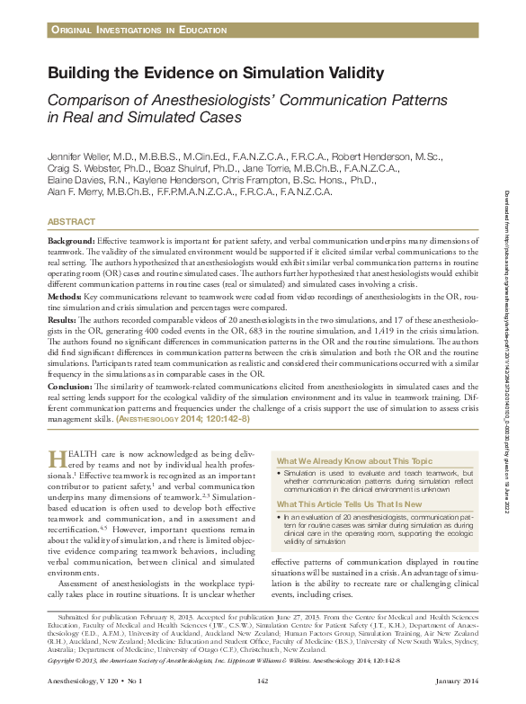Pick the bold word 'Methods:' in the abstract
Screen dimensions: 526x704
pos(66,294)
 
